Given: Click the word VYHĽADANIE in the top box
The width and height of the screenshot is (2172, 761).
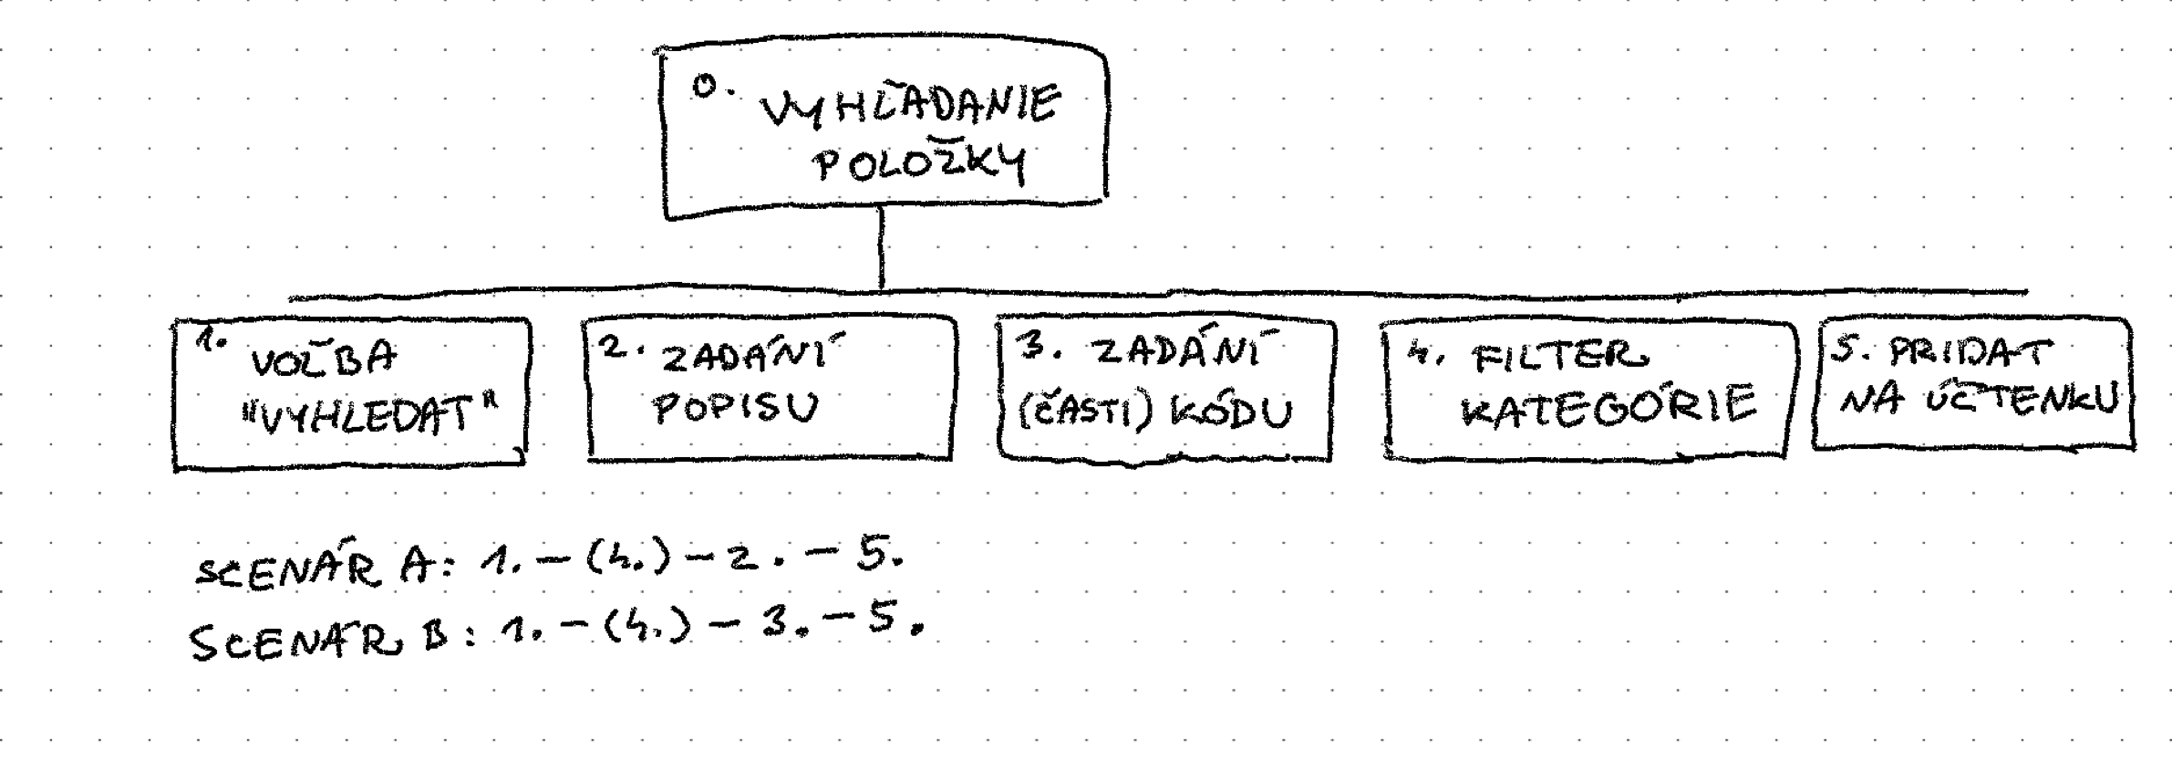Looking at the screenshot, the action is coord(910,108).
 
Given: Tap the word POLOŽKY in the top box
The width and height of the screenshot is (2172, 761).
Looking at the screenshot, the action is coord(919,166).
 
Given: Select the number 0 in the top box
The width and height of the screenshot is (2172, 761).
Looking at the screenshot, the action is coord(704,87).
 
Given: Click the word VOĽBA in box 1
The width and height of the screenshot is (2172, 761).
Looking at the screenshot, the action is coord(324,359).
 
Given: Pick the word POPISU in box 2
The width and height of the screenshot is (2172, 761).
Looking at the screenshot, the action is coord(735,409).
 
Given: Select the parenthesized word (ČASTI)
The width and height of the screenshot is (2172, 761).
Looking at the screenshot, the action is coord(1084,413).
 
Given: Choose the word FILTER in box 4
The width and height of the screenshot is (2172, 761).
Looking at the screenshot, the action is coord(1560,357).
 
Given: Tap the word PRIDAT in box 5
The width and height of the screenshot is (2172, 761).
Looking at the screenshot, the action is coord(1970,352).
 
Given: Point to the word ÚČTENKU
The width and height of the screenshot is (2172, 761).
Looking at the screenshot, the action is coord(2023,401).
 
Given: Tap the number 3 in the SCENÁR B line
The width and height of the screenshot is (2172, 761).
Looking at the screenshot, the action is coord(774,627).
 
